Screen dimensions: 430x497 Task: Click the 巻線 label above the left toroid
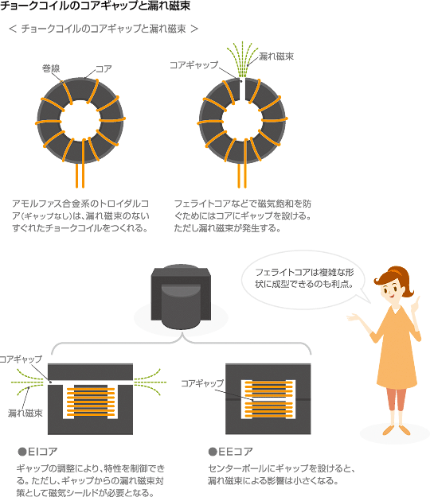pos(51,68)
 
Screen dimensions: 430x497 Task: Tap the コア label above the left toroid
pos(104,68)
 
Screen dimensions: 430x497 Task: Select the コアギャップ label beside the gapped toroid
pos(193,65)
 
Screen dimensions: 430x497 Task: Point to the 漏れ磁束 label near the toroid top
pos(276,56)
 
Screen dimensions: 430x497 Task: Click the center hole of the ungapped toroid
pos(80,121)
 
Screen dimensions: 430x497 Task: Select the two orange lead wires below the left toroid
pos(80,176)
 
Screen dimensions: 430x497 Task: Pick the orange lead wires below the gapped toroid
pos(242,176)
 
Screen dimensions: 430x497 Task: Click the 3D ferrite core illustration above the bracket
pos(181,296)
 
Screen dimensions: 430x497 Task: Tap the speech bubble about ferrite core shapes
pos(304,279)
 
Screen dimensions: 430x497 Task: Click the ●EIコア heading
pos(37,452)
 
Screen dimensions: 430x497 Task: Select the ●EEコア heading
pos(231,452)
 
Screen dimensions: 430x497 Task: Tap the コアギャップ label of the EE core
pos(202,383)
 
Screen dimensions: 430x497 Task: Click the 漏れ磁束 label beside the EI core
pos(25,413)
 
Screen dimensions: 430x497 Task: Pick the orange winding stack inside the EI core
pos(91,401)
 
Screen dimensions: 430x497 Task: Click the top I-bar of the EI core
pos(90,372)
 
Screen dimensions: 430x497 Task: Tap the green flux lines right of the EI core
pos(150,382)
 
